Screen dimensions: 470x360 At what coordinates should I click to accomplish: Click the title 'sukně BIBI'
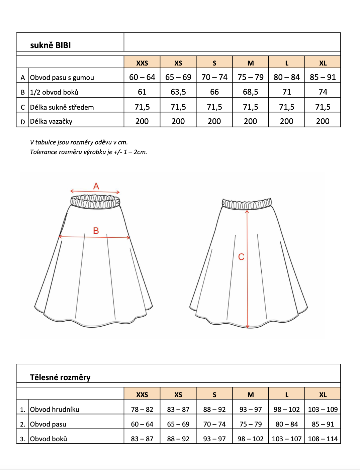(51, 45)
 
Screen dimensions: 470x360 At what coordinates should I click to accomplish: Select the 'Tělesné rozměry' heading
(60, 377)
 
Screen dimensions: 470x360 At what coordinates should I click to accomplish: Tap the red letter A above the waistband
(96, 186)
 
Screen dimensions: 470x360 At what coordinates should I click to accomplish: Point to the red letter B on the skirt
(96, 231)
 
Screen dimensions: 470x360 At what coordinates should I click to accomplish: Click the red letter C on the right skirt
(241, 257)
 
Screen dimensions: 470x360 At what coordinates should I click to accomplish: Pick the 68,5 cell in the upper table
(250, 92)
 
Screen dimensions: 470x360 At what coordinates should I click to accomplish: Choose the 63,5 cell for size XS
(178, 92)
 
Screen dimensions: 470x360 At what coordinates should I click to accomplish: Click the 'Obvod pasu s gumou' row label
(62, 78)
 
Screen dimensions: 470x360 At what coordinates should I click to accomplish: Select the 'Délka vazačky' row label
(51, 121)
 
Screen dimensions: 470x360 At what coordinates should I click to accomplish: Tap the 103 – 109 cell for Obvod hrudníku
(323, 409)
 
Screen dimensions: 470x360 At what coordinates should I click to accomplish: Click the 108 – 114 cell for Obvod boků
(323, 439)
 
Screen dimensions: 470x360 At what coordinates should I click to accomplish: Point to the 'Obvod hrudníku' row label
(55, 409)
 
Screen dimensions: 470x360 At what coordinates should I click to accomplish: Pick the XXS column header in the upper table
(142, 63)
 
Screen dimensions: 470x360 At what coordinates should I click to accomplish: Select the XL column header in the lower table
(323, 394)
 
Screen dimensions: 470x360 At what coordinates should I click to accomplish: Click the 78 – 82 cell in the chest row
(142, 409)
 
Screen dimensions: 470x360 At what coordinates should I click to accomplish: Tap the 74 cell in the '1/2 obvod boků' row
(323, 92)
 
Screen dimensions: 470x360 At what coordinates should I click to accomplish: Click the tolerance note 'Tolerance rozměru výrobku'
(88, 152)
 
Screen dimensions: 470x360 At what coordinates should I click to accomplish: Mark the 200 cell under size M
(250, 121)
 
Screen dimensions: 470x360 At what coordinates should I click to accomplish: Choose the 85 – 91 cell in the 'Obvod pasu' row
(323, 424)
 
